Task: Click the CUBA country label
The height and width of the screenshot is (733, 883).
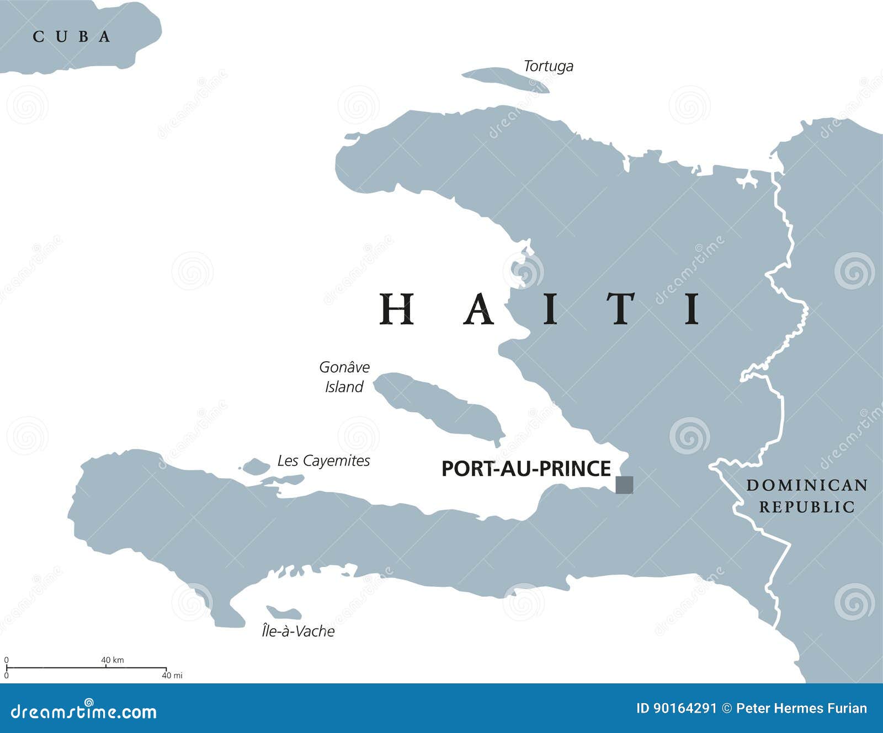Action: (72, 37)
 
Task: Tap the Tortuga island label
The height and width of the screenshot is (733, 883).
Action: (548, 66)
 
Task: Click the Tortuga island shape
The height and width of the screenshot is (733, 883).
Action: (502, 79)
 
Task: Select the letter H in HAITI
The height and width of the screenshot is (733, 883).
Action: (396, 309)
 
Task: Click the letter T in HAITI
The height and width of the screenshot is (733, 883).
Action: (621, 309)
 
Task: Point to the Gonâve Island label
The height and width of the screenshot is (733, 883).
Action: (344, 377)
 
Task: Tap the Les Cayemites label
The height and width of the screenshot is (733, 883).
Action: (323, 461)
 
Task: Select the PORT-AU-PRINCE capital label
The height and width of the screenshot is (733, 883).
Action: (526, 469)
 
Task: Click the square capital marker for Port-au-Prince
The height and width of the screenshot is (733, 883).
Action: (624, 485)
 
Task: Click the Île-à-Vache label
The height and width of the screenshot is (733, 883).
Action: (298, 631)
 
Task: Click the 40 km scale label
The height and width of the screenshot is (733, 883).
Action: (113, 660)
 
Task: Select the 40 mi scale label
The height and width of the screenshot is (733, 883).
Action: (172, 675)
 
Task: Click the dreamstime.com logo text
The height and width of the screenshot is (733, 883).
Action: (84, 711)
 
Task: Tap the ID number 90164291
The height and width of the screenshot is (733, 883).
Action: (676, 708)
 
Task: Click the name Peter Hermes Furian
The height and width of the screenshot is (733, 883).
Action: (801, 708)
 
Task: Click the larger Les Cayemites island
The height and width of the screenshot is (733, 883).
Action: (256, 467)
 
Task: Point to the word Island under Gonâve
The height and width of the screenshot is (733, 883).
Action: (344, 387)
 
